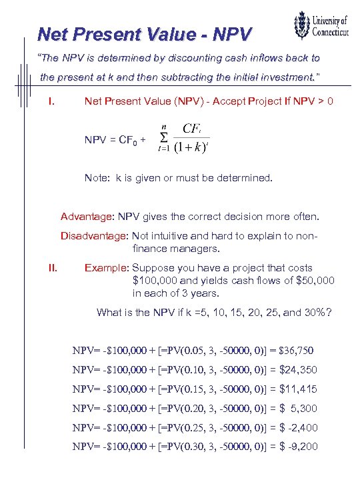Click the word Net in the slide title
pos(53,33)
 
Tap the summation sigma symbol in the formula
pos(163,137)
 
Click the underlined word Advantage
pos(87,217)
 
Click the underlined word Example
pos(105,269)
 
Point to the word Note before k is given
pos(97,178)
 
